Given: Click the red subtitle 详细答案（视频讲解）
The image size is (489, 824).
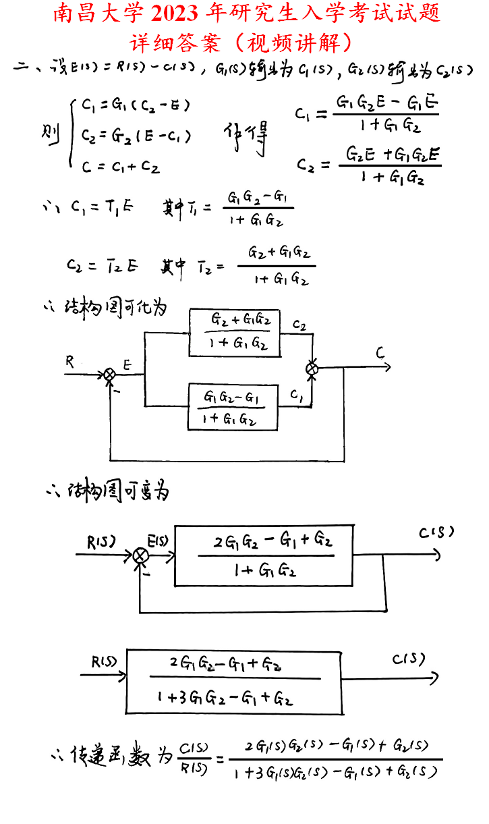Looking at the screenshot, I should pos(244,43).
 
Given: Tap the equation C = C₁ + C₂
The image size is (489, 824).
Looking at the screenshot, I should pos(121,166).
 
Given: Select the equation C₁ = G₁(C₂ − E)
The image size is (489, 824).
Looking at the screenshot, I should pos(136,105).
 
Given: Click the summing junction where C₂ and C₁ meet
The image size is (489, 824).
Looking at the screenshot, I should pos(312,368).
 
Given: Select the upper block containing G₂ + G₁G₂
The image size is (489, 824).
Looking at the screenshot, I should pos(234,332).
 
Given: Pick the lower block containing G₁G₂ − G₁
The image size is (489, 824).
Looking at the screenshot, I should pos(233,406).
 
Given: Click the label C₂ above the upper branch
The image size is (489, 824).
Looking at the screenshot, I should pos(299,326).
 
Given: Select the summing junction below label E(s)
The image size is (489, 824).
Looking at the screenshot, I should pos(140,555).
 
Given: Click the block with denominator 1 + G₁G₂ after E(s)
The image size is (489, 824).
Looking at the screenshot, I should pos(264,555).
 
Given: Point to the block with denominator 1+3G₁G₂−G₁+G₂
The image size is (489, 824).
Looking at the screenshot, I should pos(234,682).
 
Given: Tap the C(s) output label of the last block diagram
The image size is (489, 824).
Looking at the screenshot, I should pos(409,659).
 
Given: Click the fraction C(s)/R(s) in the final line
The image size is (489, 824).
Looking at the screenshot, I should pos(194,758).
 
